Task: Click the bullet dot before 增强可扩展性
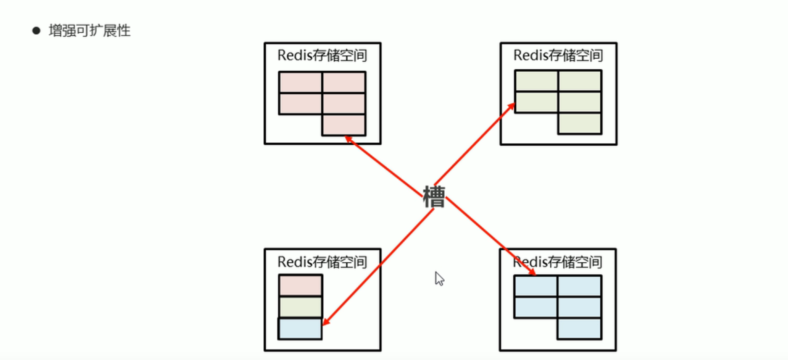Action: click(36, 31)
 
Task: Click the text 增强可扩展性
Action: click(90, 31)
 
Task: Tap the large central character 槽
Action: click(434, 197)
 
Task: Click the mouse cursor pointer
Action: click(439, 278)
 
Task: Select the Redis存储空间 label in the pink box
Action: click(322, 55)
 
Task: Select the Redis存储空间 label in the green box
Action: click(558, 55)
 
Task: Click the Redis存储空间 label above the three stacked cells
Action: click(322, 262)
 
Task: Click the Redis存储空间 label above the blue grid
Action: click(558, 262)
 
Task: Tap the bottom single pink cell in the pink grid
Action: click(344, 125)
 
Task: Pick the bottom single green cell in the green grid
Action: click(580, 123)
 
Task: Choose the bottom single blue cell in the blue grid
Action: click(579, 329)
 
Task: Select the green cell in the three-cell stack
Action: click(301, 307)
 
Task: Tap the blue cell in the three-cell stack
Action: click(300, 329)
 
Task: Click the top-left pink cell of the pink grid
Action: click(300, 82)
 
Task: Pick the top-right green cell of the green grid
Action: click(580, 81)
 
